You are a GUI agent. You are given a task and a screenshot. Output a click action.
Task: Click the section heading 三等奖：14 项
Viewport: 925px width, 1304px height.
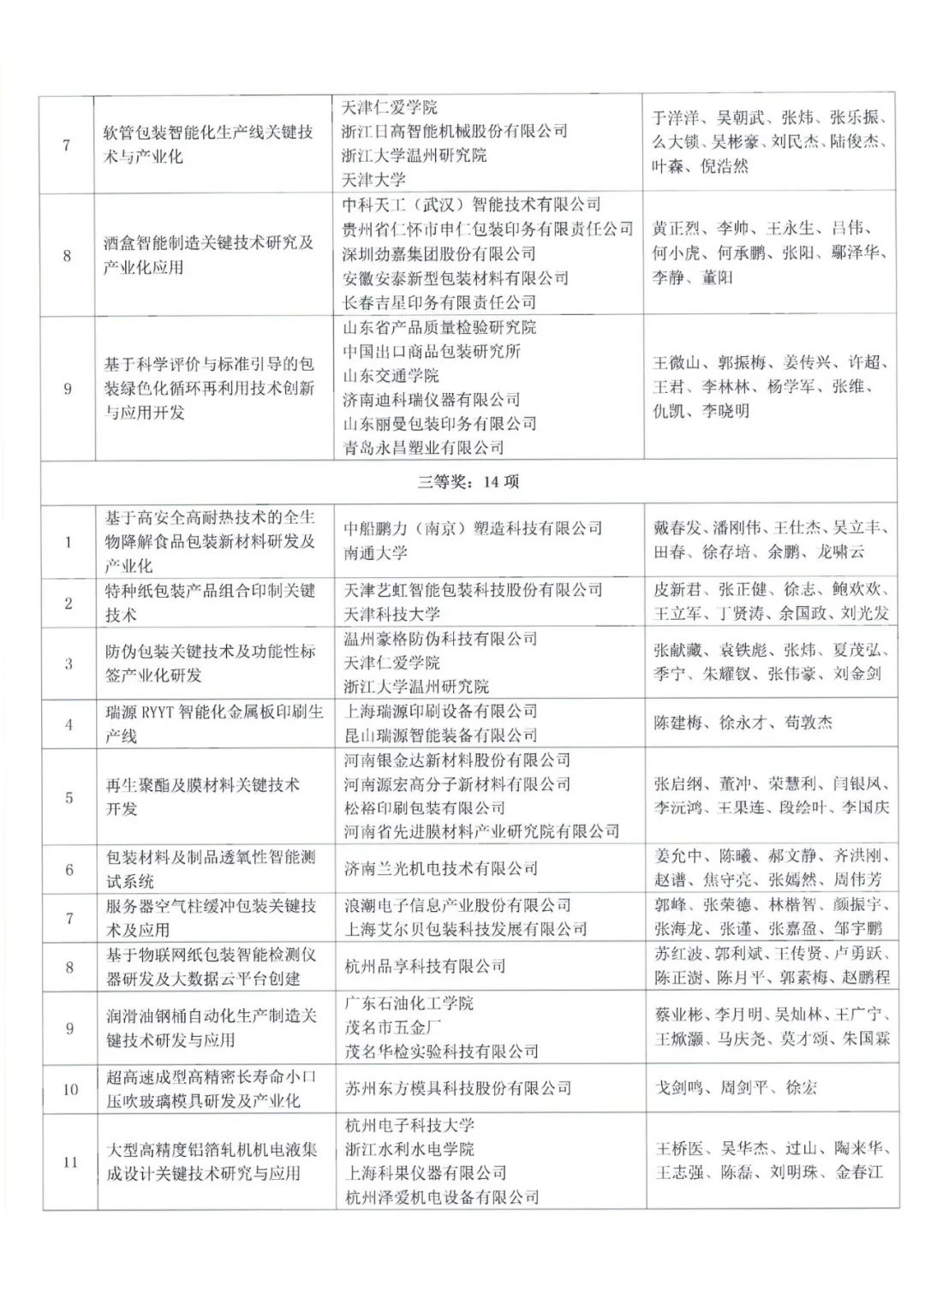468,481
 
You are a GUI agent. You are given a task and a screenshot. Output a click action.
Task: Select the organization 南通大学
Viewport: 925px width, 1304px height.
375,553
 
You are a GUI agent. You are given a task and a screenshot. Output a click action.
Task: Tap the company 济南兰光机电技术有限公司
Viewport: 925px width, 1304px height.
440,868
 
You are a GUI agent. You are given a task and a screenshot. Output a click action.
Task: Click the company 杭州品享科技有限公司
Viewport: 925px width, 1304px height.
425,966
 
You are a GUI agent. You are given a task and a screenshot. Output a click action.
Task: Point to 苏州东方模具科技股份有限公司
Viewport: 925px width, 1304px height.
457,1088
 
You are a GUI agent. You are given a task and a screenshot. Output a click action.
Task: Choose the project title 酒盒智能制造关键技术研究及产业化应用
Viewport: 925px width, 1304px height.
208,254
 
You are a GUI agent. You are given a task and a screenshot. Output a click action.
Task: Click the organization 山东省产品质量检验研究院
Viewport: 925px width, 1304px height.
439,327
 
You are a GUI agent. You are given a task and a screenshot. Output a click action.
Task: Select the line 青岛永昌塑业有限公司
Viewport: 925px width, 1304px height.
423,447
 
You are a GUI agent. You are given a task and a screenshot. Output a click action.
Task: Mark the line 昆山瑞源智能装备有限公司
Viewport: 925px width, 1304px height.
440,735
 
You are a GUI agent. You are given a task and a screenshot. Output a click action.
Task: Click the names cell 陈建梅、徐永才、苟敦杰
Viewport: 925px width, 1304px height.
731,723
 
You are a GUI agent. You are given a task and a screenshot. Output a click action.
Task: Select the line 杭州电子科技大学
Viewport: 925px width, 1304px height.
409,1125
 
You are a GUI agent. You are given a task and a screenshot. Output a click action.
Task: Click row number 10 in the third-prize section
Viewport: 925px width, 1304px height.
69,1089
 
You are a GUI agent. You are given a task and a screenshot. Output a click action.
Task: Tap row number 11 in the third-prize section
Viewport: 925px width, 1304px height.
69,1162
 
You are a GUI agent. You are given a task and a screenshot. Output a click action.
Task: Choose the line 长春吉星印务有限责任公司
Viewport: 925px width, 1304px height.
439,302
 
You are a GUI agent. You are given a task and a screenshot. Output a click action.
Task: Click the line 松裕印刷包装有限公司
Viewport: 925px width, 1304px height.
425,807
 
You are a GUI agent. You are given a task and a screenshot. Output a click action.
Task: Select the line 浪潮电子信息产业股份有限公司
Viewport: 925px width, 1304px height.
457,905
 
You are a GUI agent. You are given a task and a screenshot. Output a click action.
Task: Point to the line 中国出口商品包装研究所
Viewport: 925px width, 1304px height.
432,351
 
